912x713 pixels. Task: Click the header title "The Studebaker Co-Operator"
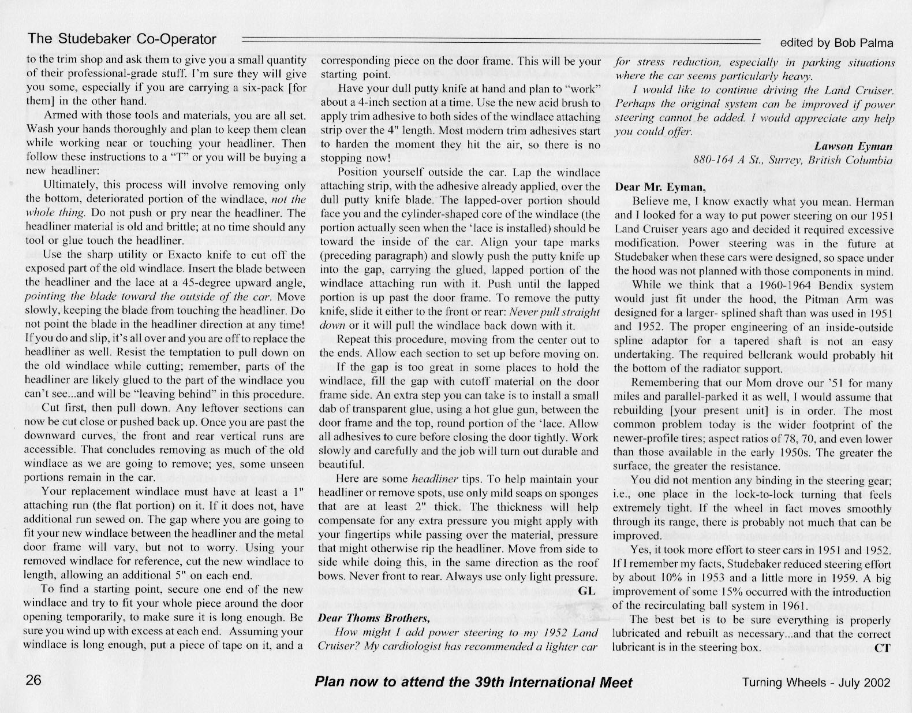pyautogui.click(x=122, y=39)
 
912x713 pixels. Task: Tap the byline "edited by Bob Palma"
pyautogui.click(x=836, y=43)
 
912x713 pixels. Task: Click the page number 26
pyautogui.click(x=34, y=680)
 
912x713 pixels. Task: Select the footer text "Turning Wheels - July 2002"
pyautogui.click(x=817, y=682)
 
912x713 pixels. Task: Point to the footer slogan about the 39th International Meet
pyautogui.click(x=473, y=682)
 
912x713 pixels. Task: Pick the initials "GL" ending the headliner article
pyautogui.click(x=586, y=591)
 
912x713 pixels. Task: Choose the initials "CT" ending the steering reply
pyautogui.click(x=883, y=648)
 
